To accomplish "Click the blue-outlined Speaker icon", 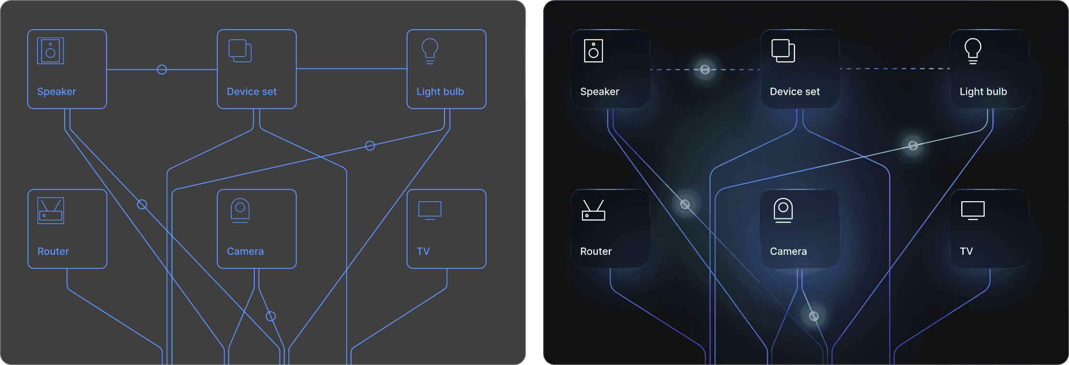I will (50, 51).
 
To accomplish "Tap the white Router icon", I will (593, 210).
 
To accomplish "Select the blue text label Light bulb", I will (440, 91).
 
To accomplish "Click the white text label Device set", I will (795, 91).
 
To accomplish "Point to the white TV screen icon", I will (973, 210).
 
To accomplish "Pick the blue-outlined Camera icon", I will (240, 210).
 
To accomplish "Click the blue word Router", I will (53, 251).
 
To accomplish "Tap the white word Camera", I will (788, 251).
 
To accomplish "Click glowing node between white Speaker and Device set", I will (705, 69).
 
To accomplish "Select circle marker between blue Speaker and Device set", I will (162, 69).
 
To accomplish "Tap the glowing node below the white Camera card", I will (814, 316).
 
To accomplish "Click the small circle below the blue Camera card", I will (271, 316).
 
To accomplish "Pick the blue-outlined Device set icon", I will (240, 51).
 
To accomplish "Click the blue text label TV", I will (423, 251).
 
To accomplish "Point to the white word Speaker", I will (600, 91).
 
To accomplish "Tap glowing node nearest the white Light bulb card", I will (913, 146).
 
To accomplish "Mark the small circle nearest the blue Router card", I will (142, 205).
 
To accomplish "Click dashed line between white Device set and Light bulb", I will (895, 68).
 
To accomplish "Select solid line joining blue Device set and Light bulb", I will (352, 68).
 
